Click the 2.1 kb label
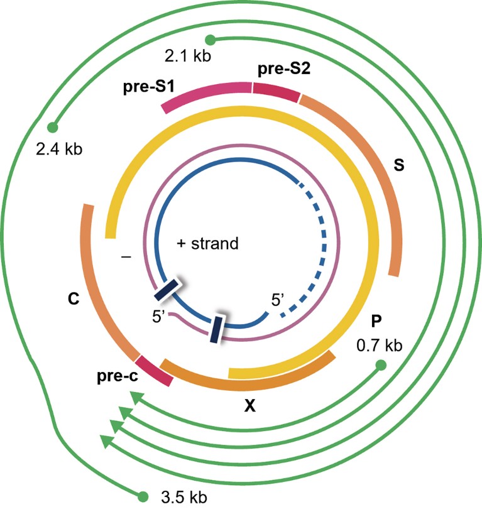(x=187, y=56)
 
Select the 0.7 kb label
(x=378, y=345)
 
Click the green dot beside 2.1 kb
(x=211, y=40)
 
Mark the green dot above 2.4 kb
(x=52, y=128)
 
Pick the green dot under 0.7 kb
(x=380, y=364)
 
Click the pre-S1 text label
(x=143, y=86)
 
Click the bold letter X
(x=249, y=407)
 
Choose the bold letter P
(x=376, y=322)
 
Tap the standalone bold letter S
(x=398, y=165)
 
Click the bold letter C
(x=73, y=300)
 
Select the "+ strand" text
(x=208, y=243)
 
